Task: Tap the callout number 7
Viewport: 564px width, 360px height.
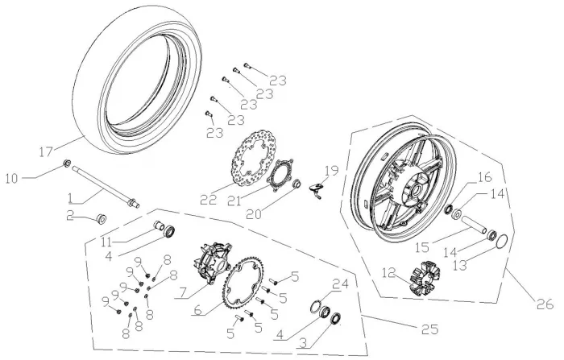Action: click(x=183, y=290)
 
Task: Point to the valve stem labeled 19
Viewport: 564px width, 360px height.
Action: click(x=319, y=190)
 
